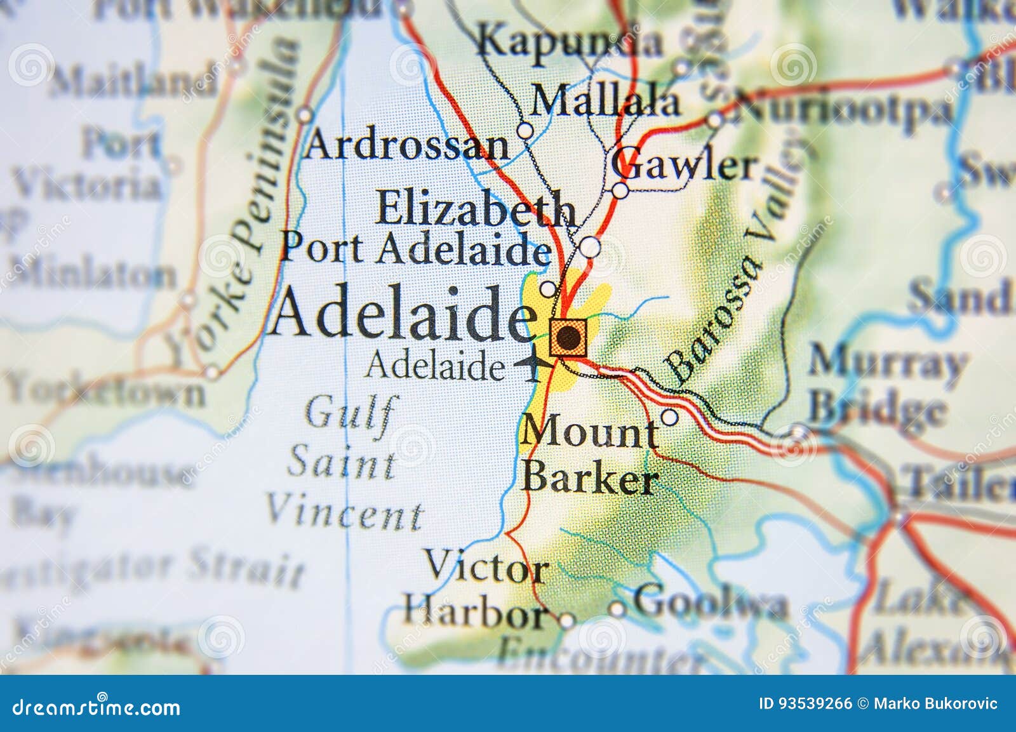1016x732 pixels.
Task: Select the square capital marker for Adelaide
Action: click(568, 337)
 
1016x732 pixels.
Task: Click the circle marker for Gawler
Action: click(620, 190)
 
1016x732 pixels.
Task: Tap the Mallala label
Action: click(605, 101)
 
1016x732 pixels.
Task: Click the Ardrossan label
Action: click(407, 145)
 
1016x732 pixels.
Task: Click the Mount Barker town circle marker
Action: click(669, 417)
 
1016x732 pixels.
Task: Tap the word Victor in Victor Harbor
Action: click(486, 566)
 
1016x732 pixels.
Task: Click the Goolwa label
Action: click(710, 601)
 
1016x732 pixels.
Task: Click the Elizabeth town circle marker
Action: click(589, 246)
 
